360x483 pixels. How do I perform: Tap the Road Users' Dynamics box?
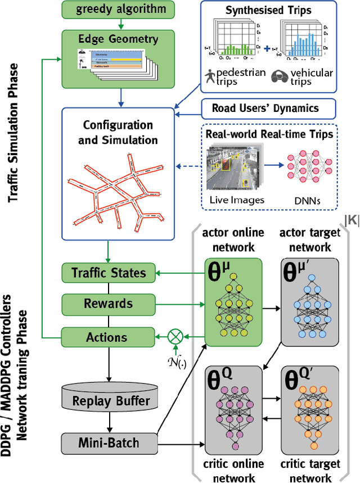(x=268, y=108)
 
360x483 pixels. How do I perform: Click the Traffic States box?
(x=108, y=273)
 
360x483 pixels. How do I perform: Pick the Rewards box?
(x=108, y=304)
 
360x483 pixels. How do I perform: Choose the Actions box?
(x=107, y=337)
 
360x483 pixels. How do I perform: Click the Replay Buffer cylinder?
(x=111, y=400)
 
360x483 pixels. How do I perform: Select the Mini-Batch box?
(x=108, y=444)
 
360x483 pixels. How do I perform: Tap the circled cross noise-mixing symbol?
(x=175, y=337)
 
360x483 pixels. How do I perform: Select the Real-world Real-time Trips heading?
(x=269, y=135)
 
